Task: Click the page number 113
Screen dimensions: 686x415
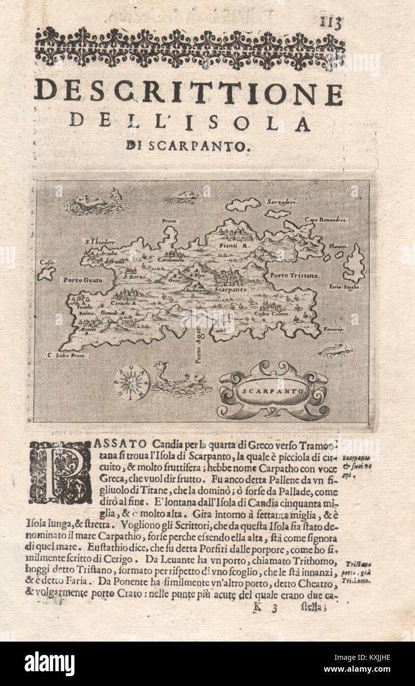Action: (330, 23)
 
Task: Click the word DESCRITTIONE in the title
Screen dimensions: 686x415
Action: (188, 93)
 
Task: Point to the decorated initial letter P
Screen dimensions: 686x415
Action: (61, 471)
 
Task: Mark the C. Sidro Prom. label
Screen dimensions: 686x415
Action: (67, 355)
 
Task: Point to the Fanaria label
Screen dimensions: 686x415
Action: (333, 329)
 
